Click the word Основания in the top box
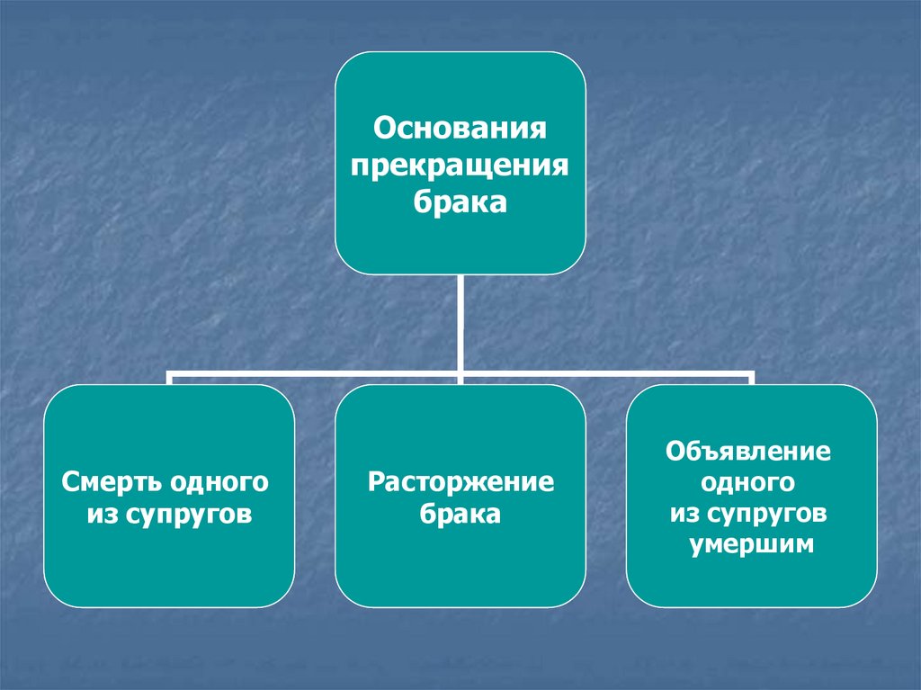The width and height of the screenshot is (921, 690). (x=460, y=126)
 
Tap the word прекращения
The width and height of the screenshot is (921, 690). (x=460, y=166)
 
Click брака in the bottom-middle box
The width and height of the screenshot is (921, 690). (x=460, y=516)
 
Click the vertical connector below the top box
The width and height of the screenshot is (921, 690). (x=460, y=319)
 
